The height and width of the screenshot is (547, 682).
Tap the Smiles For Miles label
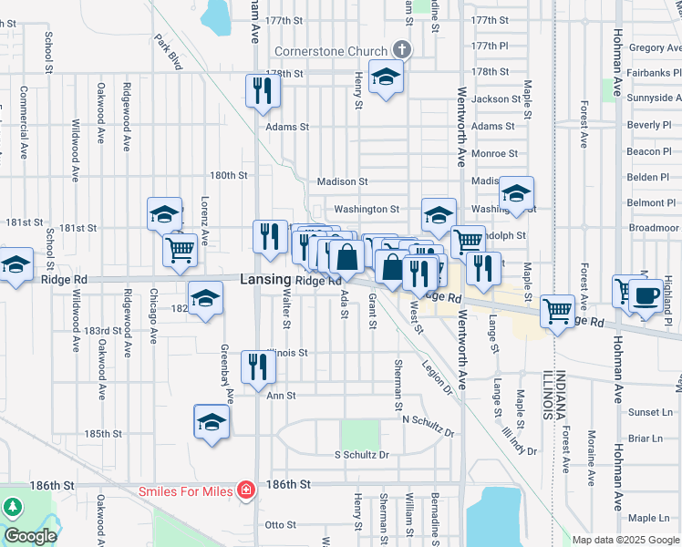(186, 491)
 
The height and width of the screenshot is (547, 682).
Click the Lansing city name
(264, 281)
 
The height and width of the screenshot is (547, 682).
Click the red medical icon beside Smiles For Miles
(245, 491)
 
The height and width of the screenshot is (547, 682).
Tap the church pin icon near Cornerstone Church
(400, 50)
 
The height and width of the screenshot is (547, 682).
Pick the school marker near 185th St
(212, 422)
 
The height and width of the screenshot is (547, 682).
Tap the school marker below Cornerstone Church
(387, 77)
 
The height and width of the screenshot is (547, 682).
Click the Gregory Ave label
(648, 47)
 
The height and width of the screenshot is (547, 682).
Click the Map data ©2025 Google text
(625, 540)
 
